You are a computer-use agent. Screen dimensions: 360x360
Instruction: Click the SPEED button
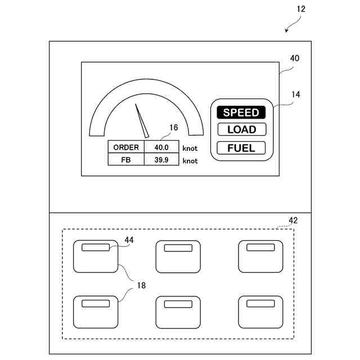(x=241, y=112)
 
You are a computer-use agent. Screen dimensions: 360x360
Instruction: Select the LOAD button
(x=241, y=129)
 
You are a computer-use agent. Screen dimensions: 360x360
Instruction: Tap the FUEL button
(x=241, y=148)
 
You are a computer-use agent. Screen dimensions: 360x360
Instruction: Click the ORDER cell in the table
(x=126, y=147)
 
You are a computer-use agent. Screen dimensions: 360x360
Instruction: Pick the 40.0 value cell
(x=161, y=147)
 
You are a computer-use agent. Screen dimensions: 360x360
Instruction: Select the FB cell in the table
(x=126, y=160)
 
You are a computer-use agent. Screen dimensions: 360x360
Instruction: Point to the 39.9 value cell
(x=161, y=160)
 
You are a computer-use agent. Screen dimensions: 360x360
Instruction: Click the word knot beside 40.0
(x=190, y=148)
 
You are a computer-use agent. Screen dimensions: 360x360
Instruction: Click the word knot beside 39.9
(x=190, y=161)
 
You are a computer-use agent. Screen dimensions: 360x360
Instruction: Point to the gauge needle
(x=141, y=120)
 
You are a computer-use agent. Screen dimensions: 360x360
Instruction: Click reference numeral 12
(x=301, y=9)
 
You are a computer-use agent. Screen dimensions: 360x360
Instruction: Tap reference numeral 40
(x=294, y=58)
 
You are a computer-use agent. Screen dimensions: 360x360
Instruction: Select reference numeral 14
(x=295, y=94)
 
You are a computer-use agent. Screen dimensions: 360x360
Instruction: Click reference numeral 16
(x=173, y=128)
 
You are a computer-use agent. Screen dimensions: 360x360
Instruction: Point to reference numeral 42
(x=293, y=220)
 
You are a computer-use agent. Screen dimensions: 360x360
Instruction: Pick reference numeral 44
(x=129, y=240)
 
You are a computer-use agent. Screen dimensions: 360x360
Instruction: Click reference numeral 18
(x=141, y=285)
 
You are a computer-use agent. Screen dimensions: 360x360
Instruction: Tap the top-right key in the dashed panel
(x=260, y=256)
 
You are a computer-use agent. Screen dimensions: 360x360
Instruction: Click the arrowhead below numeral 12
(x=286, y=31)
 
